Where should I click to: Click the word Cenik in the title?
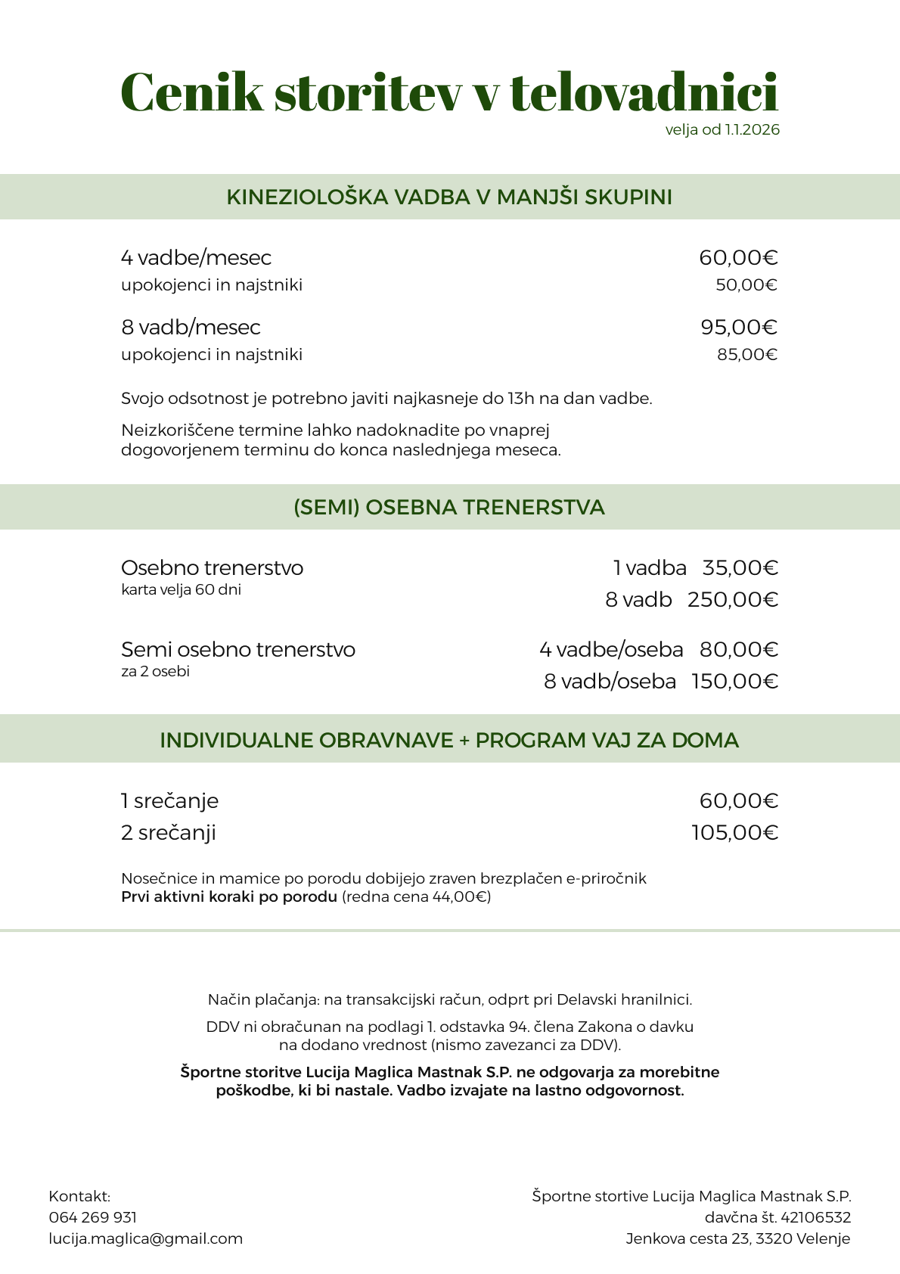coord(192,92)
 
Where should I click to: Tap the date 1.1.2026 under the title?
coord(752,130)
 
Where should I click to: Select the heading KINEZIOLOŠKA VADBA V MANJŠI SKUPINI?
coord(449,197)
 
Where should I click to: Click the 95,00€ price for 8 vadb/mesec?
coord(739,328)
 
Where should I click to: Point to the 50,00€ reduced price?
coord(746,285)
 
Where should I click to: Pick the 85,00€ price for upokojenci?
coord(747,355)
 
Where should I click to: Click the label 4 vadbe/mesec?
coord(196,258)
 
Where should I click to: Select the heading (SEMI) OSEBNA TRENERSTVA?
coord(449,508)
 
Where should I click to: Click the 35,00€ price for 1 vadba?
coord(740,568)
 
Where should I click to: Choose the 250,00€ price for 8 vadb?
coord(733,600)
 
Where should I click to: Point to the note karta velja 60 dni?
coord(181,590)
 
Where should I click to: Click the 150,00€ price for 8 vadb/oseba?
coord(734,682)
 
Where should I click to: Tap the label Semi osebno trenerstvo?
coord(238,650)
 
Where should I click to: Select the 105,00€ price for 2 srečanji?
coord(734,833)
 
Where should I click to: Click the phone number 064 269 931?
coord(92,1217)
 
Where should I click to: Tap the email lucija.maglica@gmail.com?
coord(146,1238)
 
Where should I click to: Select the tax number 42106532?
coord(815,1217)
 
